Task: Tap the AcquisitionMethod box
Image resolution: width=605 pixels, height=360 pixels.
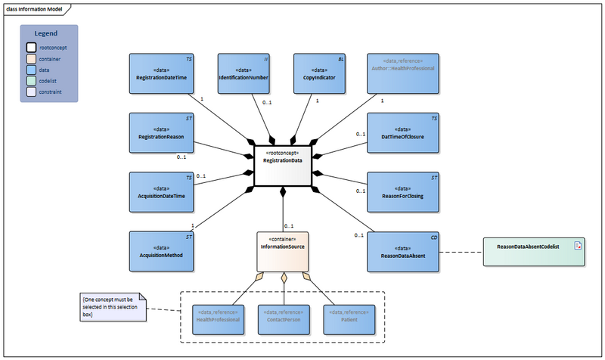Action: pyautogui.click(x=161, y=251)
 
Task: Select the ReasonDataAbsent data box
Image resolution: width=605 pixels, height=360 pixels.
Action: pyautogui.click(x=402, y=251)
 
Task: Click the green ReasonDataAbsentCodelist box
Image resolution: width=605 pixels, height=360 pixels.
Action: pyautogui.click(x=532, y=250)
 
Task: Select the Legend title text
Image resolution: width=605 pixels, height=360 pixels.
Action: pyautogui.click(x=48, y=33)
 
